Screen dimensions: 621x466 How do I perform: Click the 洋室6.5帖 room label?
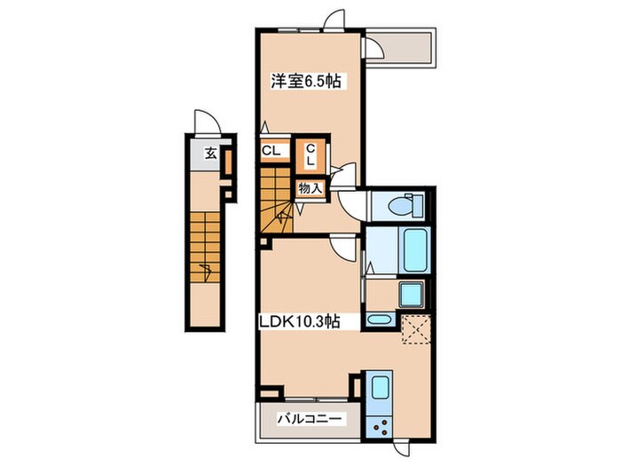click(x=306, y=82)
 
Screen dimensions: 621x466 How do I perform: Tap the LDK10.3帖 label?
click(x=300, y=321)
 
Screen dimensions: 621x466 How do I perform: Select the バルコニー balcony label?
click(x=310, y=418)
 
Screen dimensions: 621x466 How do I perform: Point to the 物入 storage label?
click(x=310, y=188)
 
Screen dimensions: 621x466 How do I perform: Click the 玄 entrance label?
click(x=211, y=154)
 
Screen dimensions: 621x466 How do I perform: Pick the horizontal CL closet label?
click(x=271, y=151)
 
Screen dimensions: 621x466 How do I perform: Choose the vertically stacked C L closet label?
click(x=310, y=155)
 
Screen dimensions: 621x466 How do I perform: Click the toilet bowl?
click(x=406, y=206)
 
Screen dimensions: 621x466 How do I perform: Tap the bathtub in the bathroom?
click(x=416, y=250)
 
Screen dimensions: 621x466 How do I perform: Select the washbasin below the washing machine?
click(x=381, y=320)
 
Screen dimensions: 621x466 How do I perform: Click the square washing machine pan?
click(x=412, y=294)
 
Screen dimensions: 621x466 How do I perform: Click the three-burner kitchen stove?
click(x=379, y=427)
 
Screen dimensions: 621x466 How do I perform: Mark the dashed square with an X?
click(x=416, y=328)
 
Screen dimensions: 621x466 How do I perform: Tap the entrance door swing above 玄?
click(x=207, y=122)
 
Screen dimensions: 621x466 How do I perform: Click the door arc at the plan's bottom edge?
click(x=402, y=447)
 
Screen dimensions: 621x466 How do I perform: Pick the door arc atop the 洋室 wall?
click(x=335, y=19)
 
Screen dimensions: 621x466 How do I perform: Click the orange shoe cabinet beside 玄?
click(x=229, y=162)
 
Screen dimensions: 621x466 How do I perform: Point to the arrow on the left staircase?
click(x=206, y=271)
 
